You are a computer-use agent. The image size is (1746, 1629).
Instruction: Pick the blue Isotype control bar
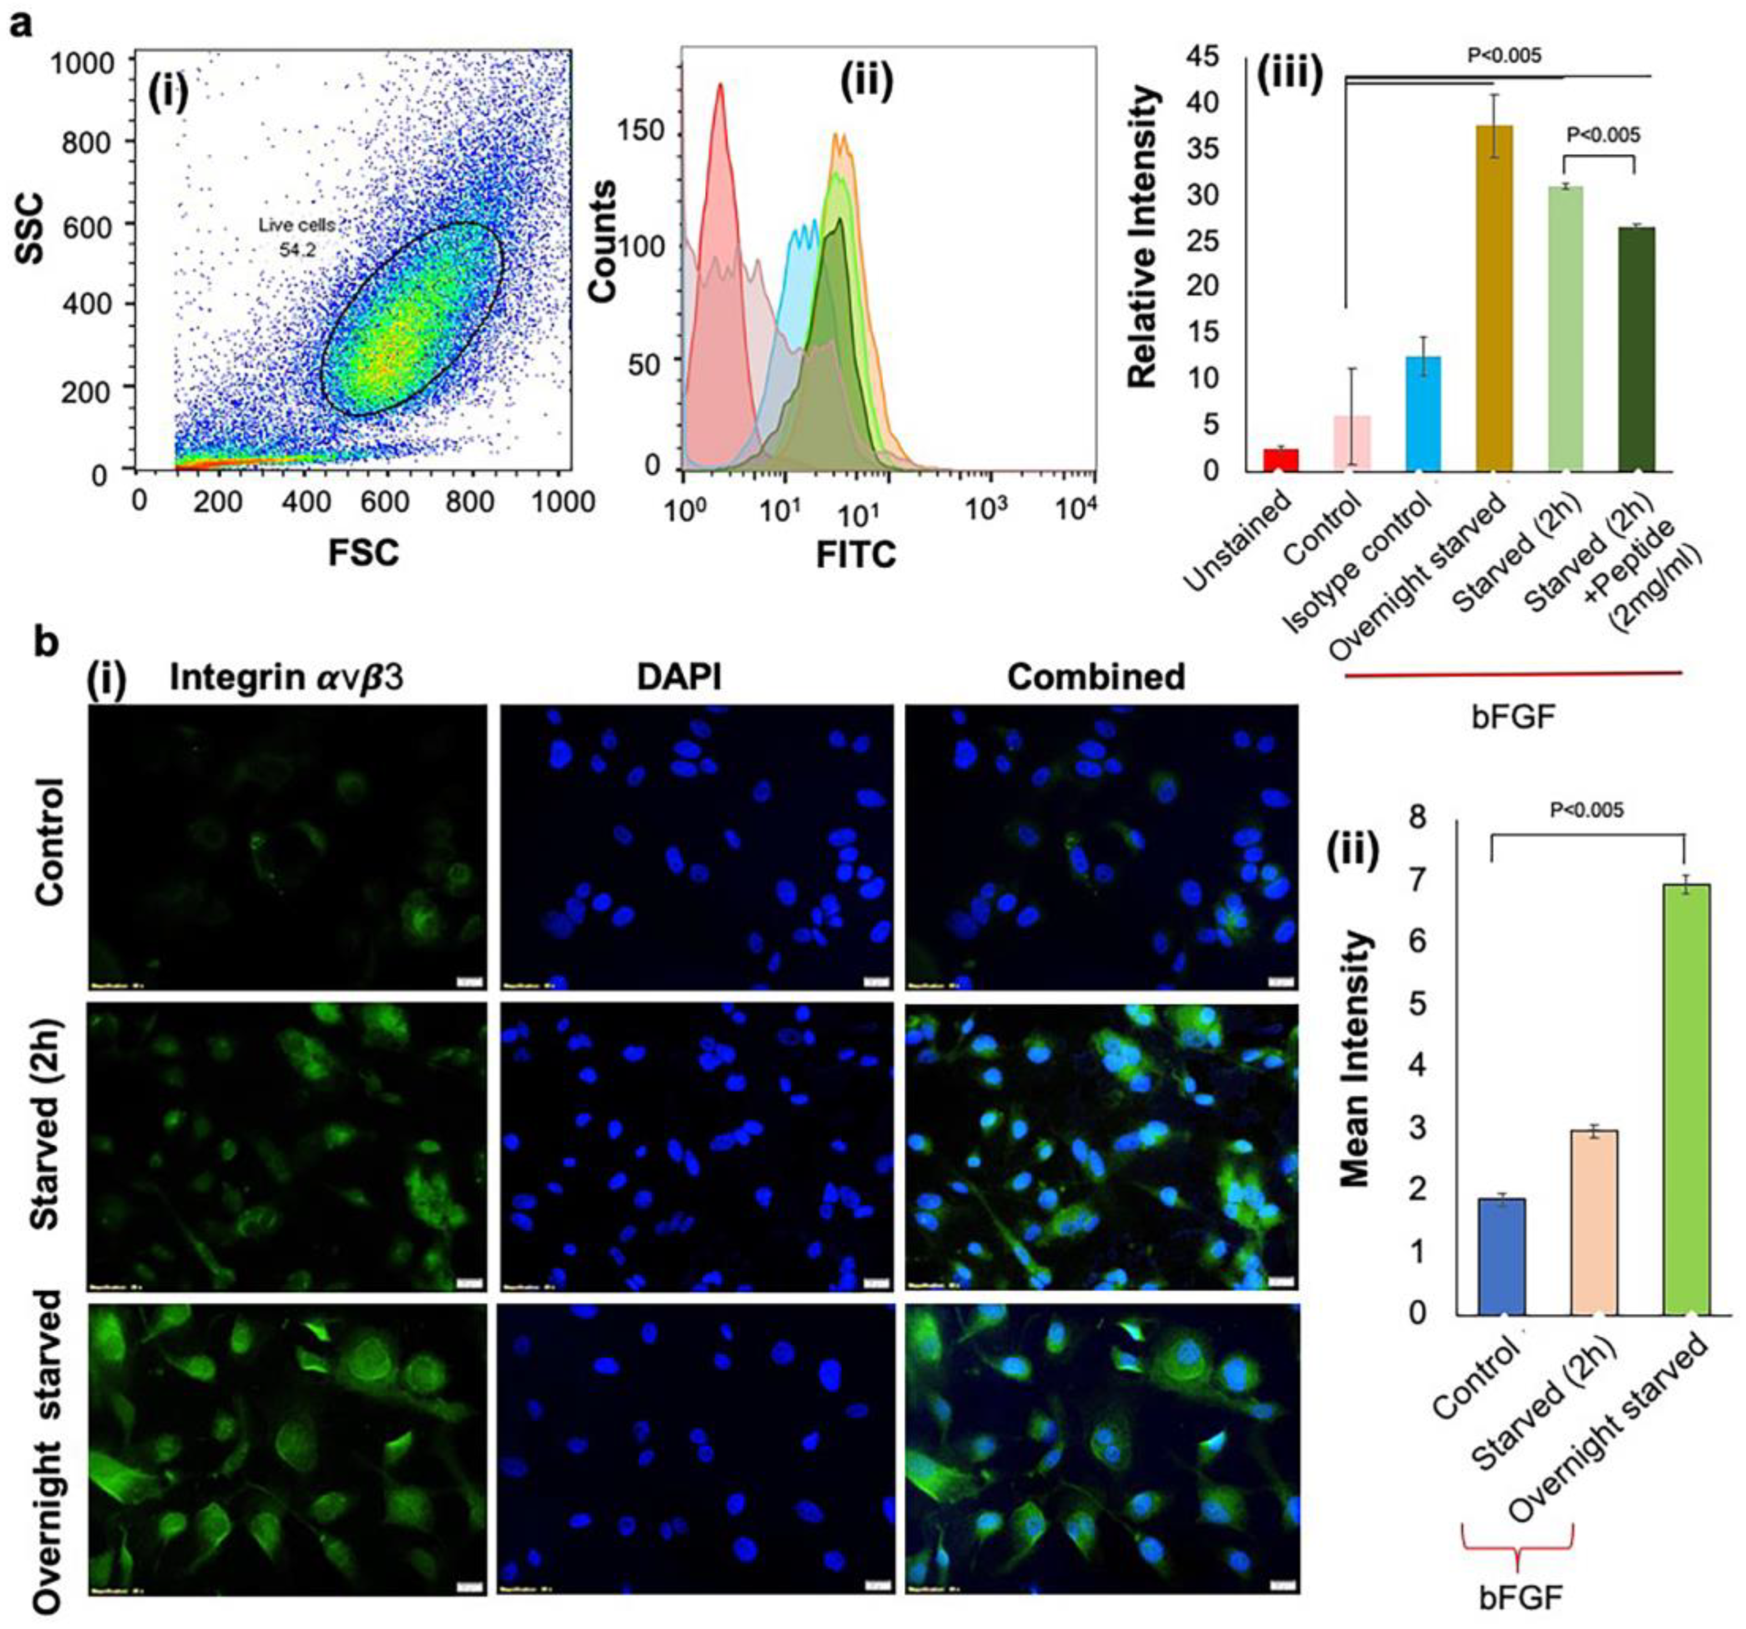[x=1423, y=413]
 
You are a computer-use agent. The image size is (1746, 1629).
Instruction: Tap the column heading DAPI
[x=680, y=676]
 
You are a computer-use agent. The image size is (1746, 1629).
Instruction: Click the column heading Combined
[x=1096, y=676]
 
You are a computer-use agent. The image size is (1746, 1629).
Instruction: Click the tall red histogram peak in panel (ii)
[x=720, y=88]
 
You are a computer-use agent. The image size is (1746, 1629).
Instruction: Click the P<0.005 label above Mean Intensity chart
[x=1587, y=810]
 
